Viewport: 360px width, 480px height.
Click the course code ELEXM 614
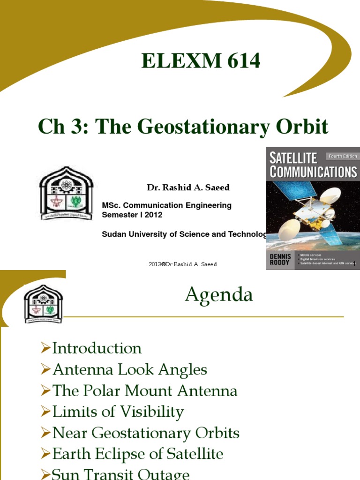tap(201, 61)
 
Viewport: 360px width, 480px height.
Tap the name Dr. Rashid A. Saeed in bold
tap(188, 187)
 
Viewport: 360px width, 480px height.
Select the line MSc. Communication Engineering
tap(166, 205)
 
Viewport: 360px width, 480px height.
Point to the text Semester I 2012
tap(132, 215)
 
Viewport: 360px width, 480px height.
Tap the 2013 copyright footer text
tap(182, 264)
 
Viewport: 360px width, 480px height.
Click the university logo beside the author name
tap(66, 193)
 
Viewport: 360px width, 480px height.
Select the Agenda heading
tap(219, 295)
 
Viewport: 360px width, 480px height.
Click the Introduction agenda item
tap(97, 348)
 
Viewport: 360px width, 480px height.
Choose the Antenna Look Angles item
tap(129, 369)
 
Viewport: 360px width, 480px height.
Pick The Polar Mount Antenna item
tap(145, 391)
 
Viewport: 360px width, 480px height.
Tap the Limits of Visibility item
tap(118, 412)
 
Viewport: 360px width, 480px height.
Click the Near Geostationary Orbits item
tap(146, 433)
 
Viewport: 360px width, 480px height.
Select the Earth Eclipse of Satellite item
tap(137, 454)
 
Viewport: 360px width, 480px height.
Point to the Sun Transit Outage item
tap(120, 474)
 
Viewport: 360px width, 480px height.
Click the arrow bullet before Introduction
tap(45, 348)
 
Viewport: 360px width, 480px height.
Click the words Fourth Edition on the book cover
tap(343, 156)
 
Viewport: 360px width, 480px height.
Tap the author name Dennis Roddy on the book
tap(280, 260)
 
